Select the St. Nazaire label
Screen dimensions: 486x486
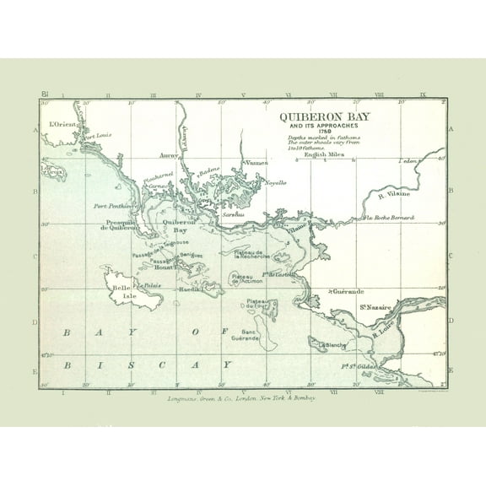click(x=375, y=307)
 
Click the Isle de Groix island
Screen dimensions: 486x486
click(x=54, y=172)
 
